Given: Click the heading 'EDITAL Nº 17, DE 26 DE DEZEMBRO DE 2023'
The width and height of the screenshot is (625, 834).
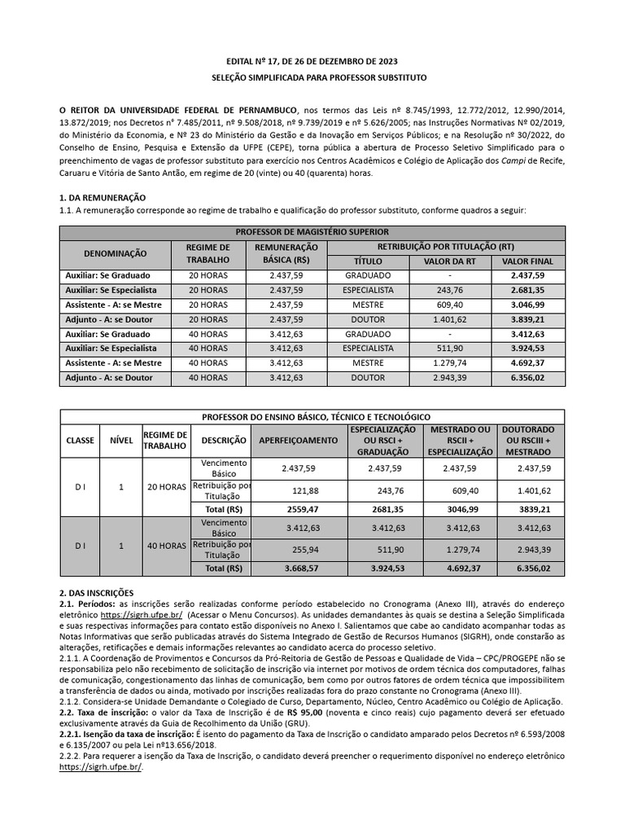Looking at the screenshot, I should (x=312, y=62).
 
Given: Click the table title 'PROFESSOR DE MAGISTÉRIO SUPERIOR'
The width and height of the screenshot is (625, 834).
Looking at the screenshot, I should (x=312, y=232).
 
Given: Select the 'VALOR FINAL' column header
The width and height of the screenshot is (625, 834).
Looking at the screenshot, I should (x=527, y=261).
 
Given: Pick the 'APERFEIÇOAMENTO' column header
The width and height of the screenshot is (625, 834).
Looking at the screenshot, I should (x=297, y=440).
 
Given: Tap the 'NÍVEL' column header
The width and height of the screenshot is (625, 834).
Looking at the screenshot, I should (x=121, y=440).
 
